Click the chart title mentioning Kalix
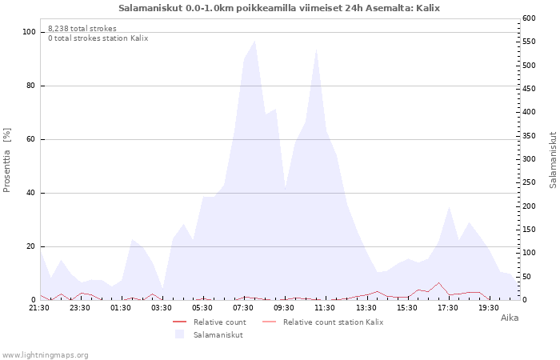point(279,8)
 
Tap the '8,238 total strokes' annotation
point(82,29)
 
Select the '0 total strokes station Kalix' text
point(98,38)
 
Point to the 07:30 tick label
point(243,308)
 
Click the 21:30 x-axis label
point(39,308)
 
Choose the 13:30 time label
point(366,308)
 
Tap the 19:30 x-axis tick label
point(489,308)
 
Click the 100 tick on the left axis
point(29,32)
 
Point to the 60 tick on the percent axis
point(31,139)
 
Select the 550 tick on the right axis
point(529,42)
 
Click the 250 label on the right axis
point(529,182)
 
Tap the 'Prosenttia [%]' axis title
point(6,160)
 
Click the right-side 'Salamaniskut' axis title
point(553,160)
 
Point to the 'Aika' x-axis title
point(510,318)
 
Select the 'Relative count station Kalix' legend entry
point(323,322)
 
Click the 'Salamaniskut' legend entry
point(209,334)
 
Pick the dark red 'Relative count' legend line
point(180,322)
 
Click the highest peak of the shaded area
point(254,41)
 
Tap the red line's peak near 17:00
point(438,283)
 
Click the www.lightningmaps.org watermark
point(45,355)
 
